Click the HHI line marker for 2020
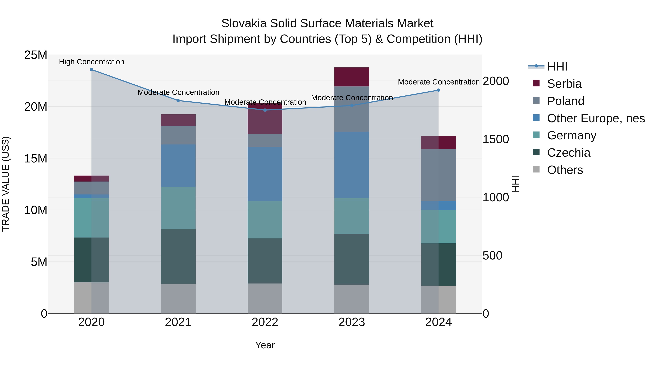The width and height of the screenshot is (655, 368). click(91, 70)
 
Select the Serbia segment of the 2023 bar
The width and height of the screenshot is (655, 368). click(352, 77)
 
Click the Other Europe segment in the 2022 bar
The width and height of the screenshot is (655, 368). click(265, 174)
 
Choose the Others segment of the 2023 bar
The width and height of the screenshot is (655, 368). click(352, 299)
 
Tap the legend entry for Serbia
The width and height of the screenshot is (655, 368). click(564, 84)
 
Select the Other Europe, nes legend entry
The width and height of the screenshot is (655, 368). click(596, 118)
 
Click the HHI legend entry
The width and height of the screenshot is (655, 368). click(557, 67)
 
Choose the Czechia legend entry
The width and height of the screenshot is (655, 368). click(569, 153)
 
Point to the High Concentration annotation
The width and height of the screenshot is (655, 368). click(92, 62)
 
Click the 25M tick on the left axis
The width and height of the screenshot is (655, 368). click(36, 55)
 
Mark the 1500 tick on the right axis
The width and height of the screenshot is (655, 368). click(496, 139)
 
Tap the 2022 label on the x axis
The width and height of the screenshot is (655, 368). click(265, 322)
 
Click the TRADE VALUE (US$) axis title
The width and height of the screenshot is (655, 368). click(6, 184)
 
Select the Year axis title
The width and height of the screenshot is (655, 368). click(265, 345)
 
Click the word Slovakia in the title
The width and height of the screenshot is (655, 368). click(244, 23)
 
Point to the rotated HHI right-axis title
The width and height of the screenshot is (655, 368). click(516, 184)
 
